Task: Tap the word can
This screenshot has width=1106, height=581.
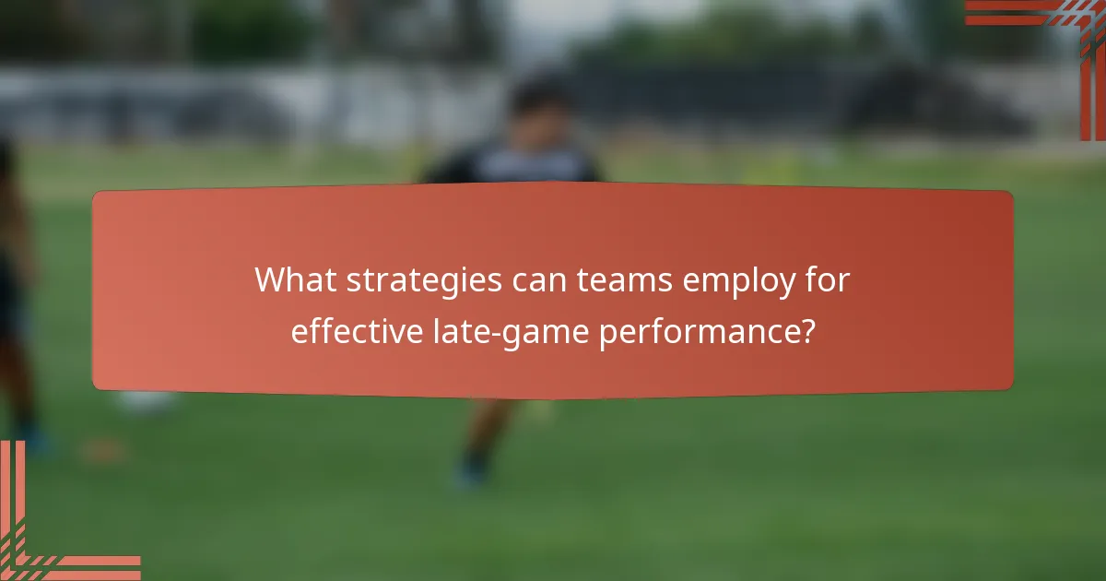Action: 536,279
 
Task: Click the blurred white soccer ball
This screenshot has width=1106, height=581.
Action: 147,401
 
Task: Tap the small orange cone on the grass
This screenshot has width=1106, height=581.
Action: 100,450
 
